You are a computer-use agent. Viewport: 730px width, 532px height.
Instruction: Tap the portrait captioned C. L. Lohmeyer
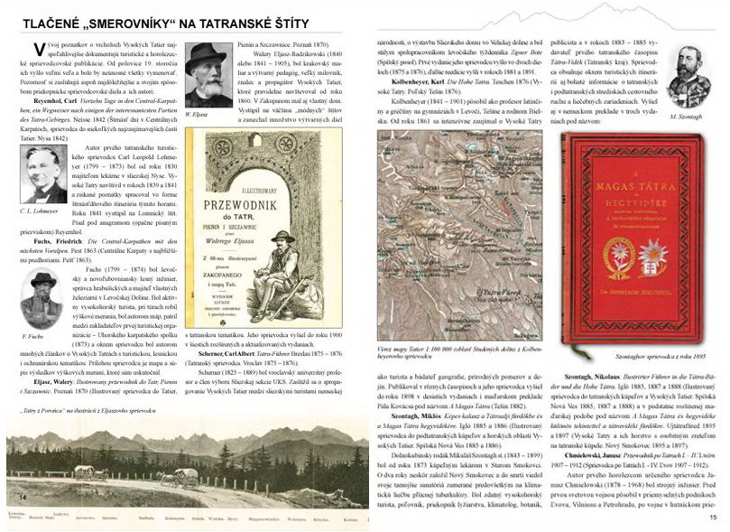(x=43, y=175)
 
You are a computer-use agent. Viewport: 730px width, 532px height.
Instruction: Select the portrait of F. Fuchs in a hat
(x=42, y=299)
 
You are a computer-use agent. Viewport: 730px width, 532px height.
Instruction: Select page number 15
(x=713, y=517)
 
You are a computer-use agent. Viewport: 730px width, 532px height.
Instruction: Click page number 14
(x=20, y=497)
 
